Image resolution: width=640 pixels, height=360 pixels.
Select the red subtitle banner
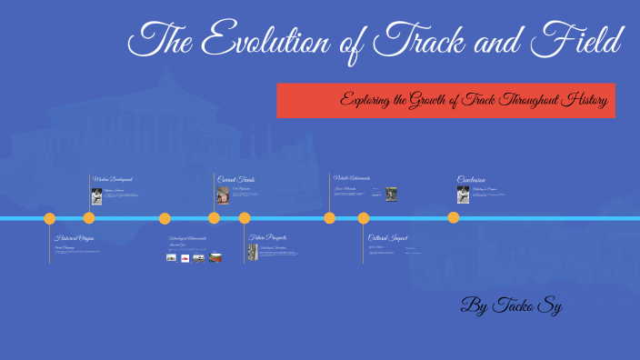click(x=445, y=100)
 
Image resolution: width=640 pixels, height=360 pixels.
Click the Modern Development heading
click(x=113, y=180)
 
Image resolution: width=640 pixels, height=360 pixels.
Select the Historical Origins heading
click(x=75, y=237)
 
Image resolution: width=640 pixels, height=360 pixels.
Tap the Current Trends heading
click(x=236, y=180)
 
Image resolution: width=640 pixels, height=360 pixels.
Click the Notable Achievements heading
click(x=352, y=178)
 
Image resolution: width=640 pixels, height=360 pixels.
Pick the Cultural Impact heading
click(x=387, y=237)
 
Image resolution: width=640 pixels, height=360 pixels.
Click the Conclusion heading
click(x=471, y=180)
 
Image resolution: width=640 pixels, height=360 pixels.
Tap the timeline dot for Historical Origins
click(x=50, y=218)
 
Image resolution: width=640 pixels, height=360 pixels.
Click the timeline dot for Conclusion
click(x=454, y=218)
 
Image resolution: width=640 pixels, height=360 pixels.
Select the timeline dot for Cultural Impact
click(x=364, y=218)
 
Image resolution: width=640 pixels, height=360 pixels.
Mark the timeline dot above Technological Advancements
click(x=165, y=218)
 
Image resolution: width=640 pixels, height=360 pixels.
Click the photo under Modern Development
click(x=96, y=195)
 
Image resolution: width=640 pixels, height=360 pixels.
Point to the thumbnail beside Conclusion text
click(x=464, y=195)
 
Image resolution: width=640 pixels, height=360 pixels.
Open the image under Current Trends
click(x=223, y=195)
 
